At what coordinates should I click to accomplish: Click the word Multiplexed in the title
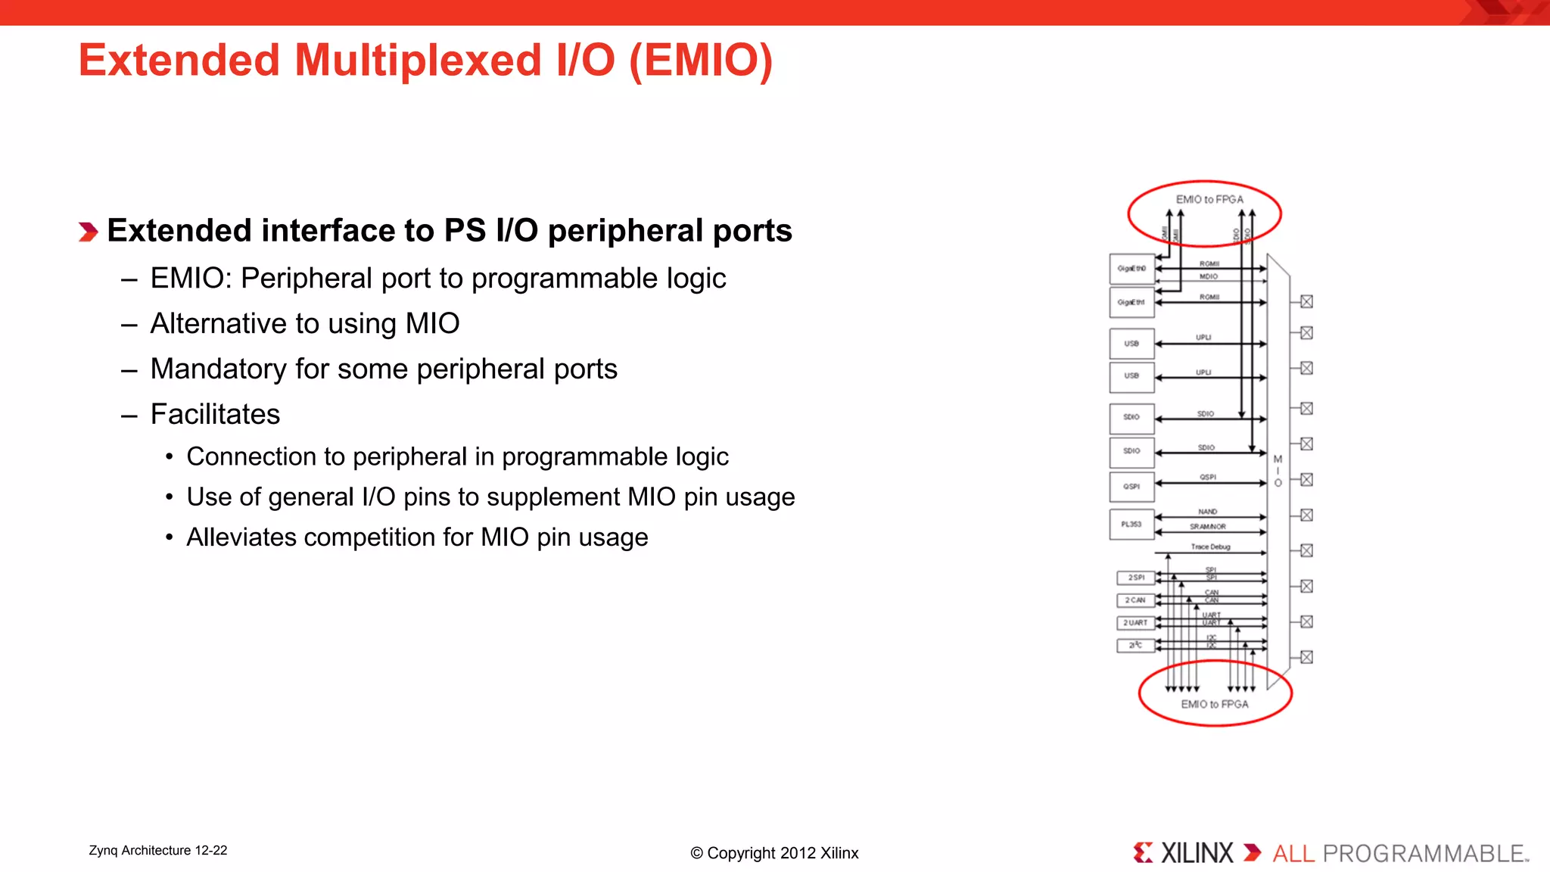418,61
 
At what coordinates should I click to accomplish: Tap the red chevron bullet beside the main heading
88,232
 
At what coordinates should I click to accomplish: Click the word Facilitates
215,415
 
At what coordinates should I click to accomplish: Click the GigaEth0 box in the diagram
1131,269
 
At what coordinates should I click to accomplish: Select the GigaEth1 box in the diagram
1131,302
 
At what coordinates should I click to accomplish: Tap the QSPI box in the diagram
1131,487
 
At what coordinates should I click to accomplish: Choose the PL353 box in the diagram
1131,525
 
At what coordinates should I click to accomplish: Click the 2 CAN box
1135,600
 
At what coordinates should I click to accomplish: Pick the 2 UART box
1135,623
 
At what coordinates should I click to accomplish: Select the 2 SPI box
1135,578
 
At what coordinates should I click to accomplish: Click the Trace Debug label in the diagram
1210,547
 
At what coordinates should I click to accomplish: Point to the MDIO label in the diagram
1209,277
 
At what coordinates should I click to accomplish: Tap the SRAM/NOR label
1208,527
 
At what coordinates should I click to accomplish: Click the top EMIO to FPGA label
1209,200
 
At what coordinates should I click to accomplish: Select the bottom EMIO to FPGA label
1215,705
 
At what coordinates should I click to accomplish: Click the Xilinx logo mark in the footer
1143,853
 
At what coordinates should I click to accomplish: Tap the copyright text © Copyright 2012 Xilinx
774,853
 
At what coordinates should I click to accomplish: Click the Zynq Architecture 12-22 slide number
158,851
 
